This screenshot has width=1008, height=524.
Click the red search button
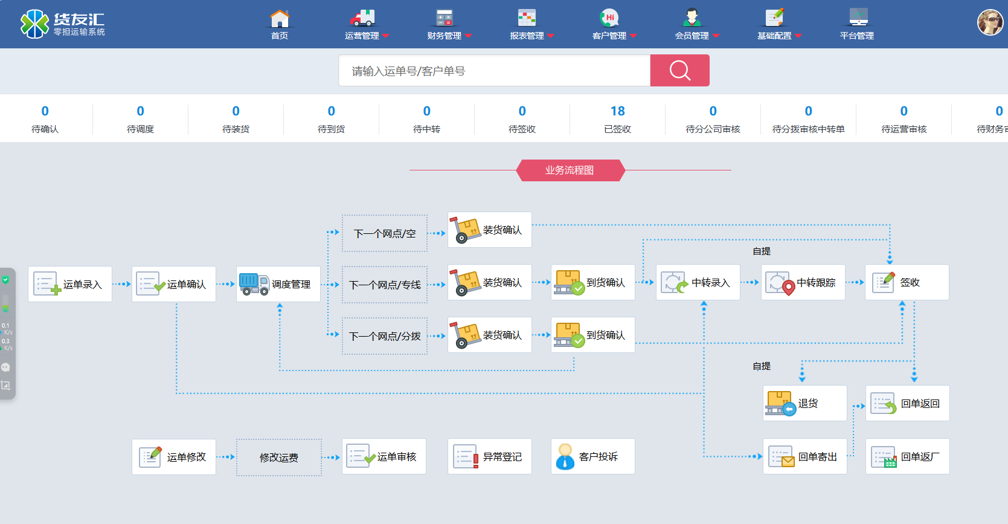pyautogui.click(x=679, y=71)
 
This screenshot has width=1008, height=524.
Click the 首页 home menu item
pyautogui.click(x=279, y=25)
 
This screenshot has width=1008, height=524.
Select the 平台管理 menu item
pyautogui.click(x=857, y=25)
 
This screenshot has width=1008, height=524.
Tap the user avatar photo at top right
pyautogui.click(x=990, y=23)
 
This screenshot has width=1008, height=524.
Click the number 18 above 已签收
pyautogui.click(x=617, y=111)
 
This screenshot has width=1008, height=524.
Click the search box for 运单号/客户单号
pyautogui.click(x=494, y=71)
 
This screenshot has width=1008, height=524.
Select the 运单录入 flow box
pyautogui.click(x=70, y=284)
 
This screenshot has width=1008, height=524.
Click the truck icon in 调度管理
pyautogui.click(x=254, y=283)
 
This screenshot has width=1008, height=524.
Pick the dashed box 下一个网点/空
pyautogui.click(x=385, y=233)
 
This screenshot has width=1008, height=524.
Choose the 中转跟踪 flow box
pyautogui.click(x=803, y=282)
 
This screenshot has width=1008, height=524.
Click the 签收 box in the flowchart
pyautogui.click(x=907, y=282)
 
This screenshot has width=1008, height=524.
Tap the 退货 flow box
pyautogui.click(x=804, y=403)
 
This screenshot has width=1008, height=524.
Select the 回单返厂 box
pyautogui.click(x=907, y=456)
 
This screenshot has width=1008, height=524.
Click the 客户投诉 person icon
pyautogui.click(x=565, y=457)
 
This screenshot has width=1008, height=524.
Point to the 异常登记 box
pyautogui.click(x=489, y=456)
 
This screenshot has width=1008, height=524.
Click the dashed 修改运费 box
pyautogui.click(x=279, y=458)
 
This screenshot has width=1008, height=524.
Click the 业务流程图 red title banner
pyautogui.click(x=570, y=170)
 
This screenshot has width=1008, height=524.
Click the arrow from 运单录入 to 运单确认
pyautogui.click(x=122, y=284)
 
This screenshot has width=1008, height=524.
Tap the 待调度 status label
pyautogui.click(x=140, y=129)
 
